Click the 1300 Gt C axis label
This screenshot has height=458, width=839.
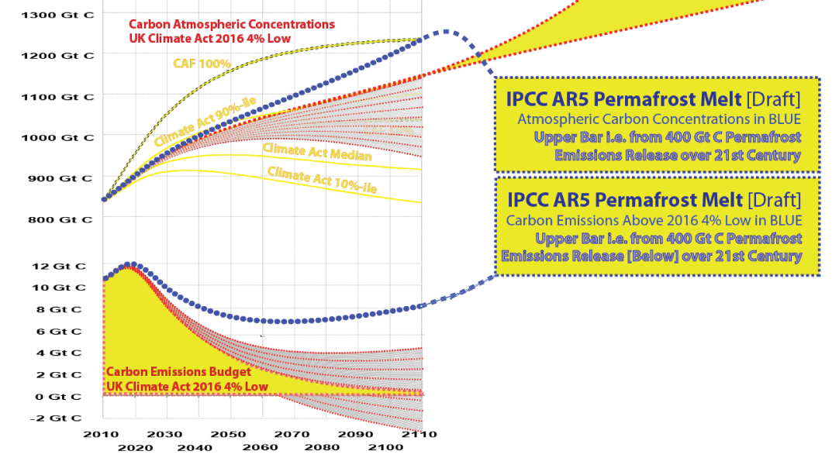tap(57, 15)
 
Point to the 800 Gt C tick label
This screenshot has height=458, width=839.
tap(60, 219)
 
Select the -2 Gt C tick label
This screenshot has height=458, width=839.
tap(56, 418)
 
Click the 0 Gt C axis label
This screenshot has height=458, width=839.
tap(58, 397)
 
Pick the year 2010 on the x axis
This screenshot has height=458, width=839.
tap(101, 434)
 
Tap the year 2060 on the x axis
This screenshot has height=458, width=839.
tap(260, 447)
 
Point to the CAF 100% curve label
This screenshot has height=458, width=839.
tap(202, 64)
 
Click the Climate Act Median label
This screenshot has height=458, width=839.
tap(317, 152)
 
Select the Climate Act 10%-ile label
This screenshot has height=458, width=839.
tap(322, 180)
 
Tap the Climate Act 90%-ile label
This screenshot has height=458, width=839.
tap(205, 122)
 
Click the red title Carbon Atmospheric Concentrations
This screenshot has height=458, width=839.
tap(232, 25)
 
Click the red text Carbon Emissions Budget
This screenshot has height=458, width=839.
tap(178, 372)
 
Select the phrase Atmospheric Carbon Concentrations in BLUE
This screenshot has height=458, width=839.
tap(658, 119)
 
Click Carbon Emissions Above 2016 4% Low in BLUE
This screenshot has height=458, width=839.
tap(654, 220)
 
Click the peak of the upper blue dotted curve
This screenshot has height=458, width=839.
tap(445, 32)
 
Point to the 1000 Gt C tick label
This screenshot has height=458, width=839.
tap(57, 137)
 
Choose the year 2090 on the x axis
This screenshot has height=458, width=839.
tap(356, 434)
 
